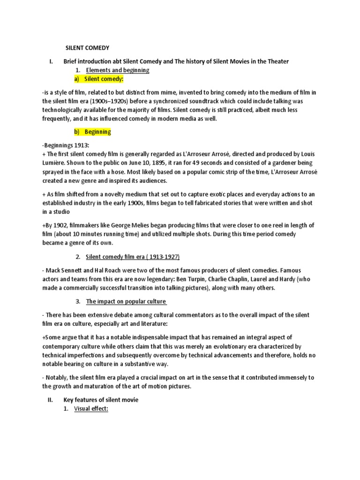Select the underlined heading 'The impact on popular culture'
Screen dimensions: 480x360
(x=126, y=301)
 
